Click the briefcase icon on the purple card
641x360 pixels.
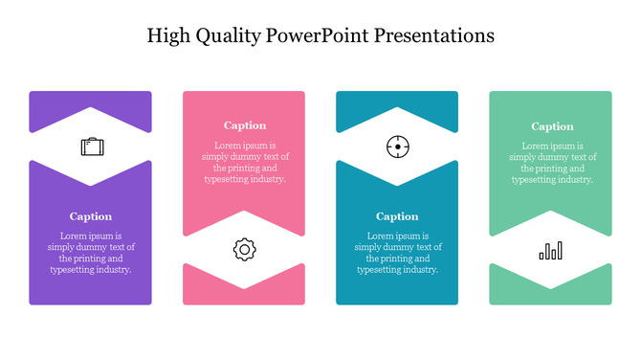click(x=92, y=146)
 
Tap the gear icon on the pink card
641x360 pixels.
click(x=244, y=250)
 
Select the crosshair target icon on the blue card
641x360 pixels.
click(x=397, y=146)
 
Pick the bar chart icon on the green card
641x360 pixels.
click(x=550, y=251)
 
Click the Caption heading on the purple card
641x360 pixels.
click(x=91, y=216)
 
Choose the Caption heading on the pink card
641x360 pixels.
click(x=244, y=125)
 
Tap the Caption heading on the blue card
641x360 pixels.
click(x=397, y=216)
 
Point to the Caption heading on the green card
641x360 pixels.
click(x=552, y=126)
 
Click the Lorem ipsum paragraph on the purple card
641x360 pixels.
click(x=91, y=253)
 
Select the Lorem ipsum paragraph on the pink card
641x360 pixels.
click(x=244, y=162)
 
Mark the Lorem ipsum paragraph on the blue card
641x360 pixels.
click(x=397, y=253)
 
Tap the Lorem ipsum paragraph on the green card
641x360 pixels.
click(x=552, y=162)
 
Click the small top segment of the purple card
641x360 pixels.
click(x=90, y=101)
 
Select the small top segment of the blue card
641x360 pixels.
click(x=397, y=101)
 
